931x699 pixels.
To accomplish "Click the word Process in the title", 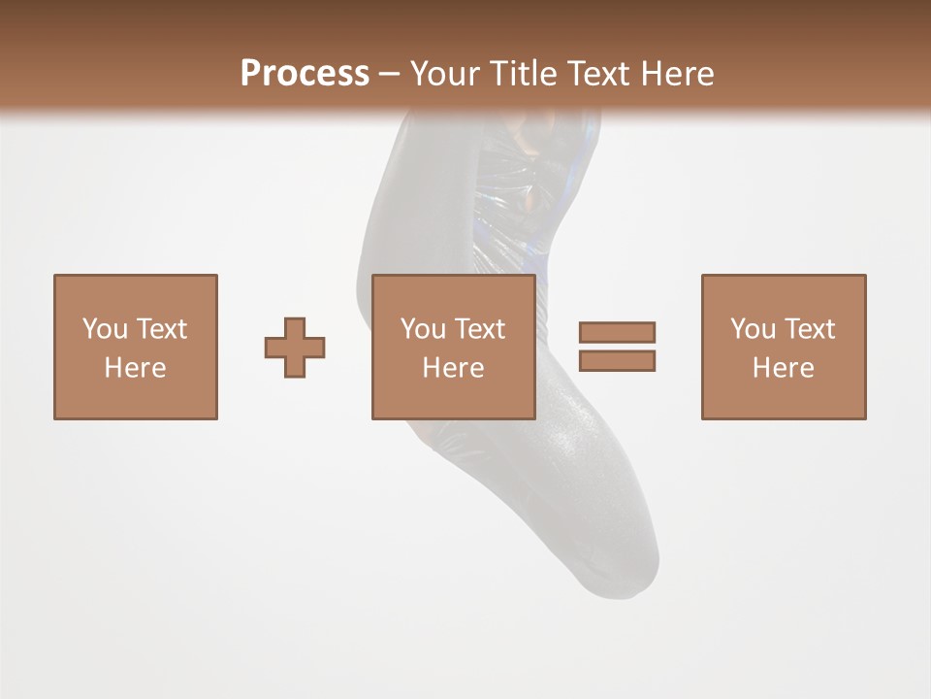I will pyautogui.click(x=305, y=73).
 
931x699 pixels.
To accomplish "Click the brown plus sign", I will pyautogui.click(x=295, y=348).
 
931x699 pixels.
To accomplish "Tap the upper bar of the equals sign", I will pyautogui.click(x=617, y=332).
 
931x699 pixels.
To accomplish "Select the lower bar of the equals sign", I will pyautogui.click(x=617, y=360).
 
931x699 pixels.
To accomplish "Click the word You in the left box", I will pyautogui.click(x=105, y=329).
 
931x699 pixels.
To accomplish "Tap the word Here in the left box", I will pyautogui.click(x=135, y=368).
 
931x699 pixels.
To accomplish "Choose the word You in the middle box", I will pyautogui.click(x=423, y=329).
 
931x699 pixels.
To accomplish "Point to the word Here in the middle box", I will pyautogui.click(x=453, y=368).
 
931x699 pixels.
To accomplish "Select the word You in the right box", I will pyautogui.click(x=753, y=329).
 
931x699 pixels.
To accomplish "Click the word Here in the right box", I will pyautogui.click(x=783, y=368).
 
